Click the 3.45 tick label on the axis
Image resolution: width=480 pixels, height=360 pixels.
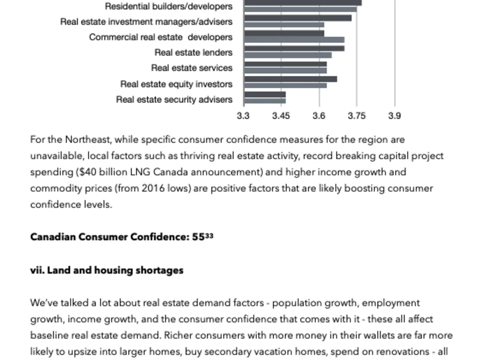[x=281, y=116]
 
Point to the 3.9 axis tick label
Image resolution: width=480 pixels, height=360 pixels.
[x=394, y=116]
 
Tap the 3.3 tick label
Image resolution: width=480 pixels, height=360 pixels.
[x=243, y=116]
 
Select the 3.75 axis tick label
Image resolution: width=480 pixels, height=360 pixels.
[x=357, y=116]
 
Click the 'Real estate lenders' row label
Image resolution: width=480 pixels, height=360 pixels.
[x=193, y=52]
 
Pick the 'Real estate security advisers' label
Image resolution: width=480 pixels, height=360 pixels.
[x=174, y=99]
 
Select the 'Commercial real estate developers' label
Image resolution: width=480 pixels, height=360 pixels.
[x=161, y=37]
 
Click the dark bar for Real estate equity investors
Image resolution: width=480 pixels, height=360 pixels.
[x=290, y=79]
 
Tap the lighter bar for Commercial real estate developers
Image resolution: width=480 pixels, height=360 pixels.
[x=294, y=40]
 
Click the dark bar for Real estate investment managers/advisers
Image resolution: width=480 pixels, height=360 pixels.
[x=298, y=18]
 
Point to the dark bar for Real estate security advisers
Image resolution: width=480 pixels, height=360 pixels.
[x=265, y=95]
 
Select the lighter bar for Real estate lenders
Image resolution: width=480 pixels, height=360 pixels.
[x=288, y=55]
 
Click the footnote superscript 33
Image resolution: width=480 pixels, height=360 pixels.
[x=209, y=235]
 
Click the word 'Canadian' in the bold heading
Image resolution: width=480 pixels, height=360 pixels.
[x=53, y=237]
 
